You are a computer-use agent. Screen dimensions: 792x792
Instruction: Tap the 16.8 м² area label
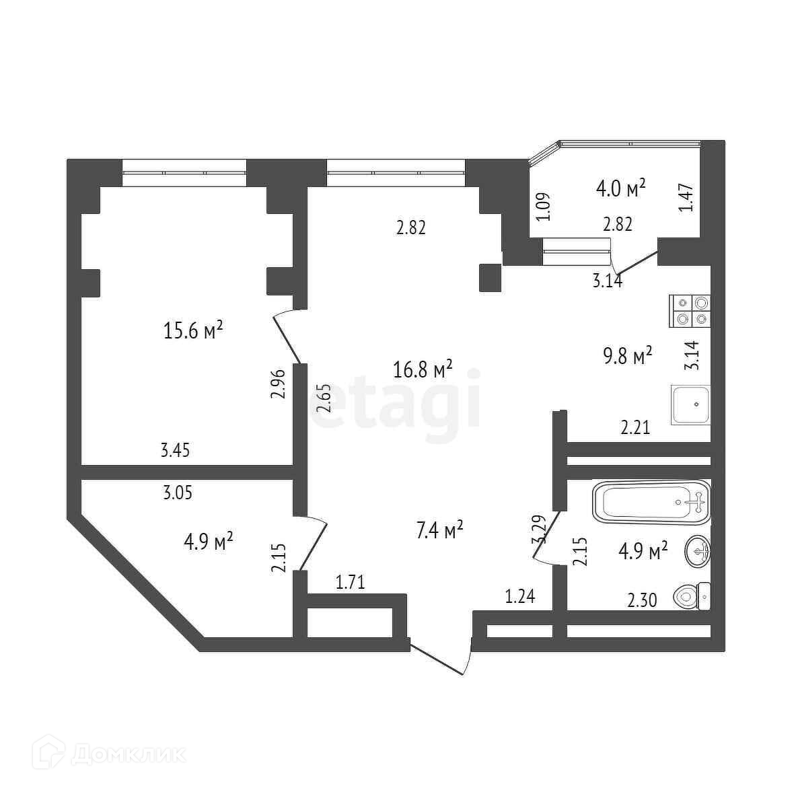coord(423,369)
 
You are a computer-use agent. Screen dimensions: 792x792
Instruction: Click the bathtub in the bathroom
coord(651,502)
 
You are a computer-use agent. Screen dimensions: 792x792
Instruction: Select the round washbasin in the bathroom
coord(696,552)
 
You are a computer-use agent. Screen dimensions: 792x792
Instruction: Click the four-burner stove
coord(690,312)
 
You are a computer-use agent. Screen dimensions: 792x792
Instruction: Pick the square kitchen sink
coord(690,405)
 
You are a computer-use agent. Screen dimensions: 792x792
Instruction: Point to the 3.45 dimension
coord(175,450)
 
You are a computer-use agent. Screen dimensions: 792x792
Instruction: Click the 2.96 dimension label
coord(279,383)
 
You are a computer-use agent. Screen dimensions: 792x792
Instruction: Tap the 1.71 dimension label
coord(350,581)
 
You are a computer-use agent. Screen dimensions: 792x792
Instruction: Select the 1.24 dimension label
coord(520,596)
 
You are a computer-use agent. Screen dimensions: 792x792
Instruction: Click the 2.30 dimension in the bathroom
coord(642,599)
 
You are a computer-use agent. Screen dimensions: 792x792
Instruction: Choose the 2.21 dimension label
coord(635,427)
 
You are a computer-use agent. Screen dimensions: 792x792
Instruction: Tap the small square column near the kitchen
coord(490,277)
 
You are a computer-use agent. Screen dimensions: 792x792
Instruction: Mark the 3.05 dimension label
coord(178,493)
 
